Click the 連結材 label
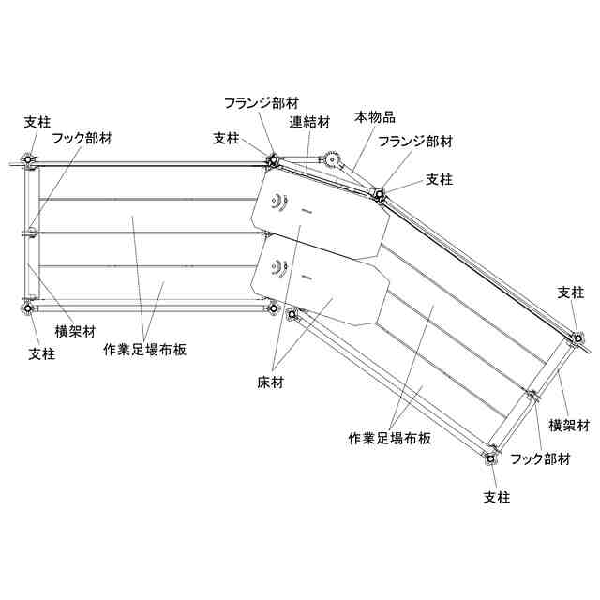click(x=309, y=121)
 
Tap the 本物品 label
click(x=374, y=117)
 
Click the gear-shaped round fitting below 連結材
click(x=330, y=160)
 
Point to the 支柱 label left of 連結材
click(x=226, y=137)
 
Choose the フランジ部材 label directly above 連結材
click(x=262, y=101)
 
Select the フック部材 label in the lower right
click(x=539, y=458)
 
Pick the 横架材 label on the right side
click(x=567, y=425)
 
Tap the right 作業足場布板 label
click(x=389, y=438)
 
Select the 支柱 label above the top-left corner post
click(x=37, y=122)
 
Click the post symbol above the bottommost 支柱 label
click(x=488, y=458)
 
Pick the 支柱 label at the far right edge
click(x=571, y=292)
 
